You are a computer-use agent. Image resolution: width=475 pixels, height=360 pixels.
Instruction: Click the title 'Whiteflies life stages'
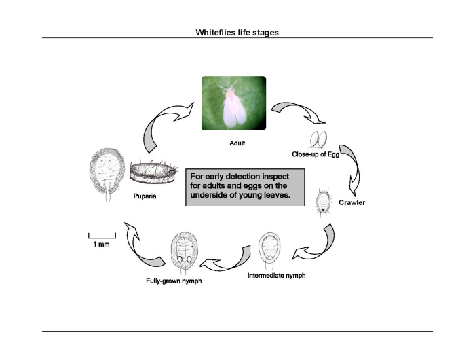(237, 32)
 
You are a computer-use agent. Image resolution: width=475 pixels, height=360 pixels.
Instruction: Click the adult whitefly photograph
(233, 103)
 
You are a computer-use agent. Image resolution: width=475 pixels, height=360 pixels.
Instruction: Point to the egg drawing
(318, 139)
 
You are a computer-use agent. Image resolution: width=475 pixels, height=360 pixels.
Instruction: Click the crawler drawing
(324, 202)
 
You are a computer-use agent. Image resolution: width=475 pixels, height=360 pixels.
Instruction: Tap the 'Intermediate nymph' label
(276, 276)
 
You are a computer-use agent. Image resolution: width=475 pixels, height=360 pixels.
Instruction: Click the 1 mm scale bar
(102, 236)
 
